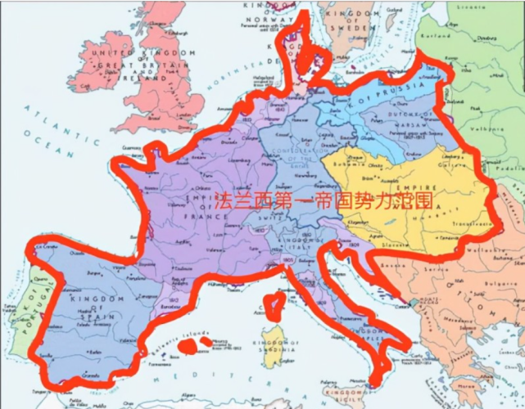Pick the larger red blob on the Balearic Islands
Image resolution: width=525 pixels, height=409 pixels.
point(191,346)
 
